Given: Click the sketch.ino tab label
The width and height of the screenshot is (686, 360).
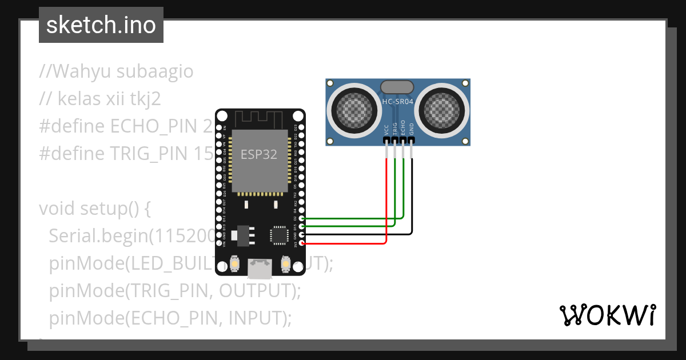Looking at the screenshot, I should pyautogui.click(x=101, y=26).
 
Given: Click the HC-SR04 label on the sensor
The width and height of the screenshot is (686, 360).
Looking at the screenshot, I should pyautogui.click(x=397, y=102).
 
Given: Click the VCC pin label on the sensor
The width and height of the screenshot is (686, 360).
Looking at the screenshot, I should pyautogui.click(x=387, y=129).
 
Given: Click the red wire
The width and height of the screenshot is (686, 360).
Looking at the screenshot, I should pyautogui.click(x=387, y=200).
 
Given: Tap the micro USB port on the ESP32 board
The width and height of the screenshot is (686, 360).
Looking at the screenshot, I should pyautogui.click(x=260, y=267).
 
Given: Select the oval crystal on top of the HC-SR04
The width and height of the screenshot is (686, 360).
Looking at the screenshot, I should pyautogui.click(x=397, y=86).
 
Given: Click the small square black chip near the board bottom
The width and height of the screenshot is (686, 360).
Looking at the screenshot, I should pyautogui.click(x=280, y=235).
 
